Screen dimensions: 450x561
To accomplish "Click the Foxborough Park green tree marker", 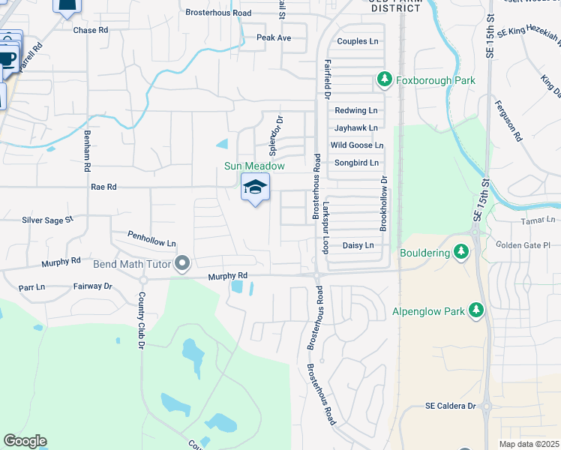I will point(384,79).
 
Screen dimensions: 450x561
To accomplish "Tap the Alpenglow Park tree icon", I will point(475,310).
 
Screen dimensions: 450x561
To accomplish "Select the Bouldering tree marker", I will point(462,253).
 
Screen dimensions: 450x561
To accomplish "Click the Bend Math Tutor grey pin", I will point(181,263).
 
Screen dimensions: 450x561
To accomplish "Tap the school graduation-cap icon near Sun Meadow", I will point(255,187).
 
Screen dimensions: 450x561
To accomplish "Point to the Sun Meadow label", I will point(255,166).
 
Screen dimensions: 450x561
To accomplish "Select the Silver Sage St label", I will point(47,220).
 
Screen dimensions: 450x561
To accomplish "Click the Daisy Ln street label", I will point(358,245).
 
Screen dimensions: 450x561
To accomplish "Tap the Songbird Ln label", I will point(356,162).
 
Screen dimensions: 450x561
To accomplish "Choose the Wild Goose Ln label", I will point(357,145).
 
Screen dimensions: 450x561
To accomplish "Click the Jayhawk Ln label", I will point(356,127).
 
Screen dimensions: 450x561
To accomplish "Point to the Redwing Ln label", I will point(356,110).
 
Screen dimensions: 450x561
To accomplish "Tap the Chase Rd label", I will point(91,31).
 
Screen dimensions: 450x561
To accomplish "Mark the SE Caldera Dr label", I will point(451,406).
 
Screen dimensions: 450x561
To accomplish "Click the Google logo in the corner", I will point(25,441).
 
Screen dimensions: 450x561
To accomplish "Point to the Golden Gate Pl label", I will point(523,244).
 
